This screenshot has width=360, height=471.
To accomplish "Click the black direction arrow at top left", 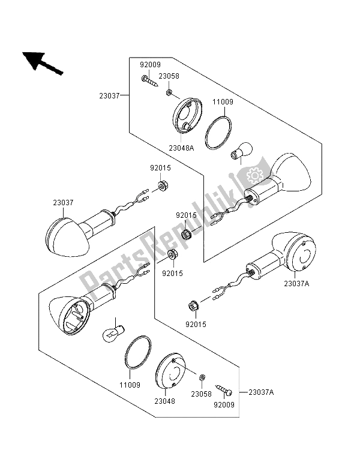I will click(43, 63).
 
